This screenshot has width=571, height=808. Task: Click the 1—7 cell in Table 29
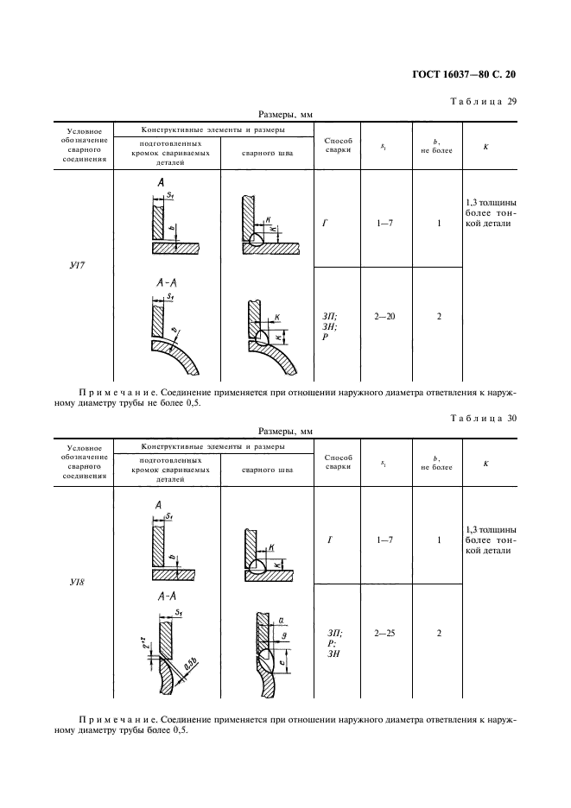tap(384, 224)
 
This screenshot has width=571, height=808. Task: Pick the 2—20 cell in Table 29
tap(384, 317)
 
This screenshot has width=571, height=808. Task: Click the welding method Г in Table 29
tap(325, 224)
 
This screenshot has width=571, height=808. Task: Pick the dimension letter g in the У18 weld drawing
tap(283, 635)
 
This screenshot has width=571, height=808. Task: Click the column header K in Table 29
tap(485, 146)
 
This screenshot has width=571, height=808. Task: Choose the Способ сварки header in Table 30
tap(338, 461)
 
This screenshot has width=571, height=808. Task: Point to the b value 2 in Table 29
tap(439, 317)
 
